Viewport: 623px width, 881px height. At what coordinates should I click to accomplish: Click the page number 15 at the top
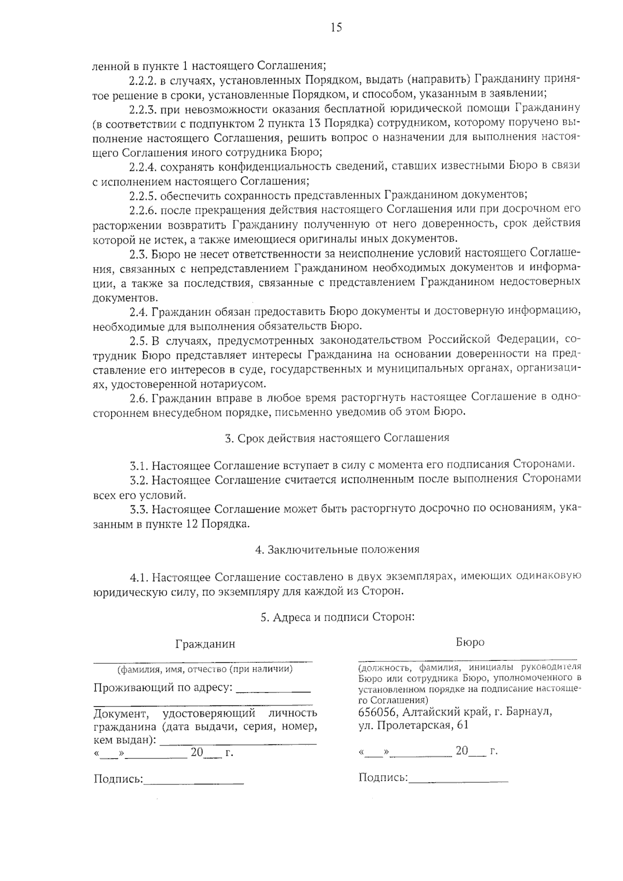click(336, 28)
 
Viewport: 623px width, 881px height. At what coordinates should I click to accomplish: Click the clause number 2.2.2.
click(143, 80)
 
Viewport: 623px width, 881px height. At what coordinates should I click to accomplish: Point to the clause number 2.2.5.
click(143, 195)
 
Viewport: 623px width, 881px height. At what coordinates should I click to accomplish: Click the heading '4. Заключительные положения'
click(337, 549)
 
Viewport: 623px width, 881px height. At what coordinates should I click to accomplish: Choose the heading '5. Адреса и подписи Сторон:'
click(337, 617)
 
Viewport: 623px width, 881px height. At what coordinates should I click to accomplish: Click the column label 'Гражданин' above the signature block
click(205, 644)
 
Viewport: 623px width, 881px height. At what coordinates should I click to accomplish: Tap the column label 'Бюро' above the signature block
click(470, 643)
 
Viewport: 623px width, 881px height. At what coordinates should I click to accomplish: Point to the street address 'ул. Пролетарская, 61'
click(413, 726)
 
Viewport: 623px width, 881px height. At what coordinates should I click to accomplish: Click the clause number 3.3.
click(140, 509)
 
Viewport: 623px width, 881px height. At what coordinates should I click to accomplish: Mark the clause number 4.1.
click(140, 577)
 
